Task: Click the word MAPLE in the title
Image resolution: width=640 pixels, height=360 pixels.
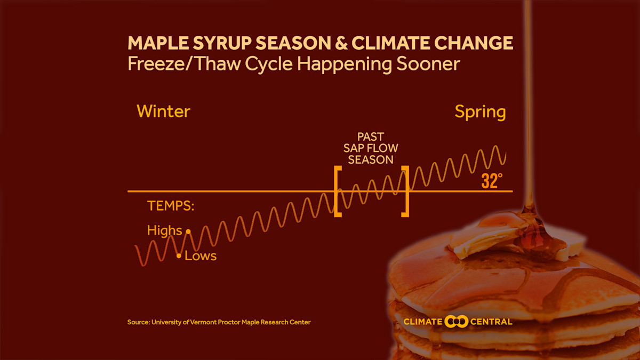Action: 161,43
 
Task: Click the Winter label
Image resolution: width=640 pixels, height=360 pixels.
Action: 163,111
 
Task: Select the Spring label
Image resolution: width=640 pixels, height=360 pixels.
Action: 480,112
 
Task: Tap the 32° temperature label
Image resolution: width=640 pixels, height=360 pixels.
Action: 491,181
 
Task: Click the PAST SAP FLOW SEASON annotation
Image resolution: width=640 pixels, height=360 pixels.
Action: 371,148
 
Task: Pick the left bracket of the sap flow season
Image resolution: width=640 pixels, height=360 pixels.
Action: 337,191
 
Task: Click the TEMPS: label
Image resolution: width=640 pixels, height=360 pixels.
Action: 171,206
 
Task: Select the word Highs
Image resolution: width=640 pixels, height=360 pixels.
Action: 164,230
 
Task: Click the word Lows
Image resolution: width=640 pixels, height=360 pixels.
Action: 201,256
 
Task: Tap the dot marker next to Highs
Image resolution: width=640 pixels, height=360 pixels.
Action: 188,231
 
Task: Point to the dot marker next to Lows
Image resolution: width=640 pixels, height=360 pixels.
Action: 179,256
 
